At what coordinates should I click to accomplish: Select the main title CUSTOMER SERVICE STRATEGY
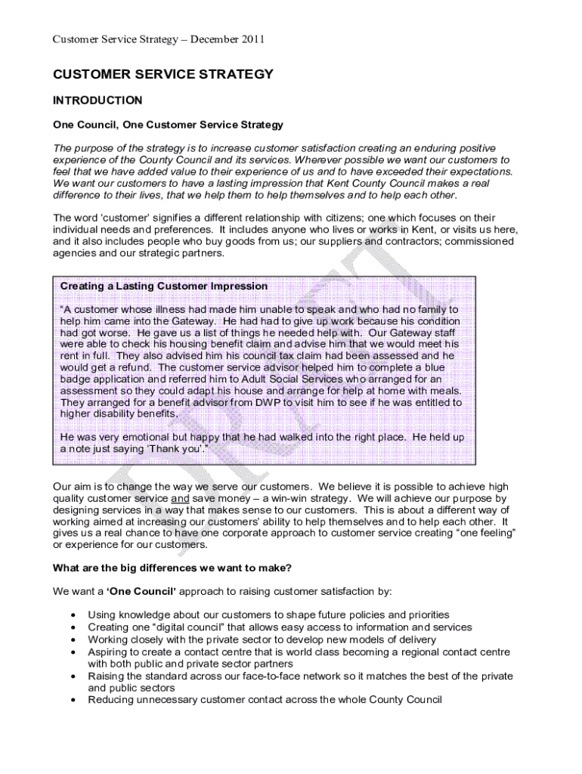pos(163,75)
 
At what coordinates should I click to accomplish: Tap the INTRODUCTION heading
pos(97,100)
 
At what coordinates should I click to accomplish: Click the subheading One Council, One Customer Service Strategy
pos(167,124)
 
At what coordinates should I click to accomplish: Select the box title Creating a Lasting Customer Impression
pos(163,286)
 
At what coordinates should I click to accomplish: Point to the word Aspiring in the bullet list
pos(108,652)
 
